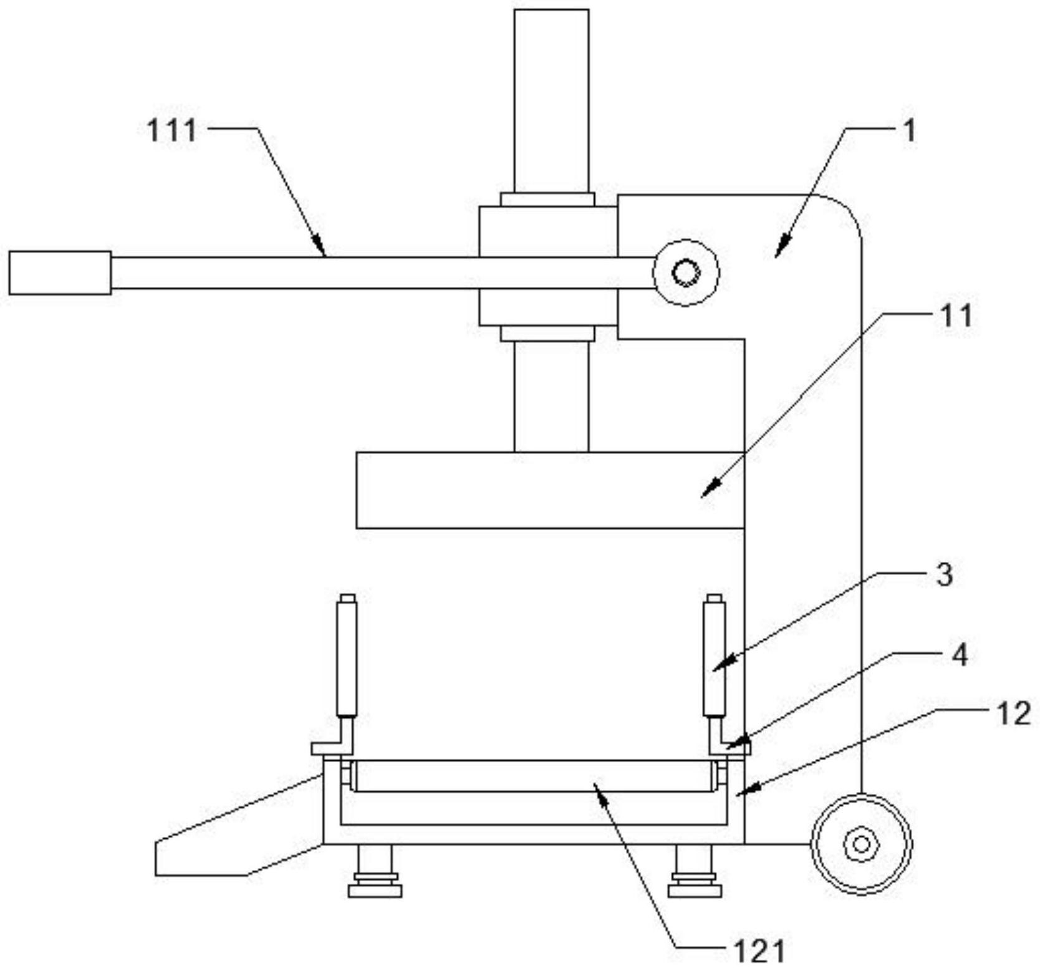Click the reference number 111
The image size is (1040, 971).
click(x=171, y=130)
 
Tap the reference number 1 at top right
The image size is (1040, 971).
click(x=910, y=130)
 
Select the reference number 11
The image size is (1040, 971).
click(x=956, y=316)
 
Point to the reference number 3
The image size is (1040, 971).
click(x=945, y=574)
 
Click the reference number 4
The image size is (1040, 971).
click(x=960, y=655)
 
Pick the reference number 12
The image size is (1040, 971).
click(x=1014, y=713)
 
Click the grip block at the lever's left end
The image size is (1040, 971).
click(x=60, y=273)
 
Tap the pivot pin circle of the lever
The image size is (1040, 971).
click(x=686, y=273)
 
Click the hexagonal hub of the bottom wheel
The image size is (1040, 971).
click(x=861, y=844)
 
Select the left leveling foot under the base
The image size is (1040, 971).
click(x=375, y=871)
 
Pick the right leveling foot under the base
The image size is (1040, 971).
click(x=695, y=871)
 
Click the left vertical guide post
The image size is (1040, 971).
click(x=347, y=655)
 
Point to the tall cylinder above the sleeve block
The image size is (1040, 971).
click(x=551, y=101)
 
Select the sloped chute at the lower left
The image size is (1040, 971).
click(x=239, y=825)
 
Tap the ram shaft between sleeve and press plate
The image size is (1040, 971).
click(x=551, y=397)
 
